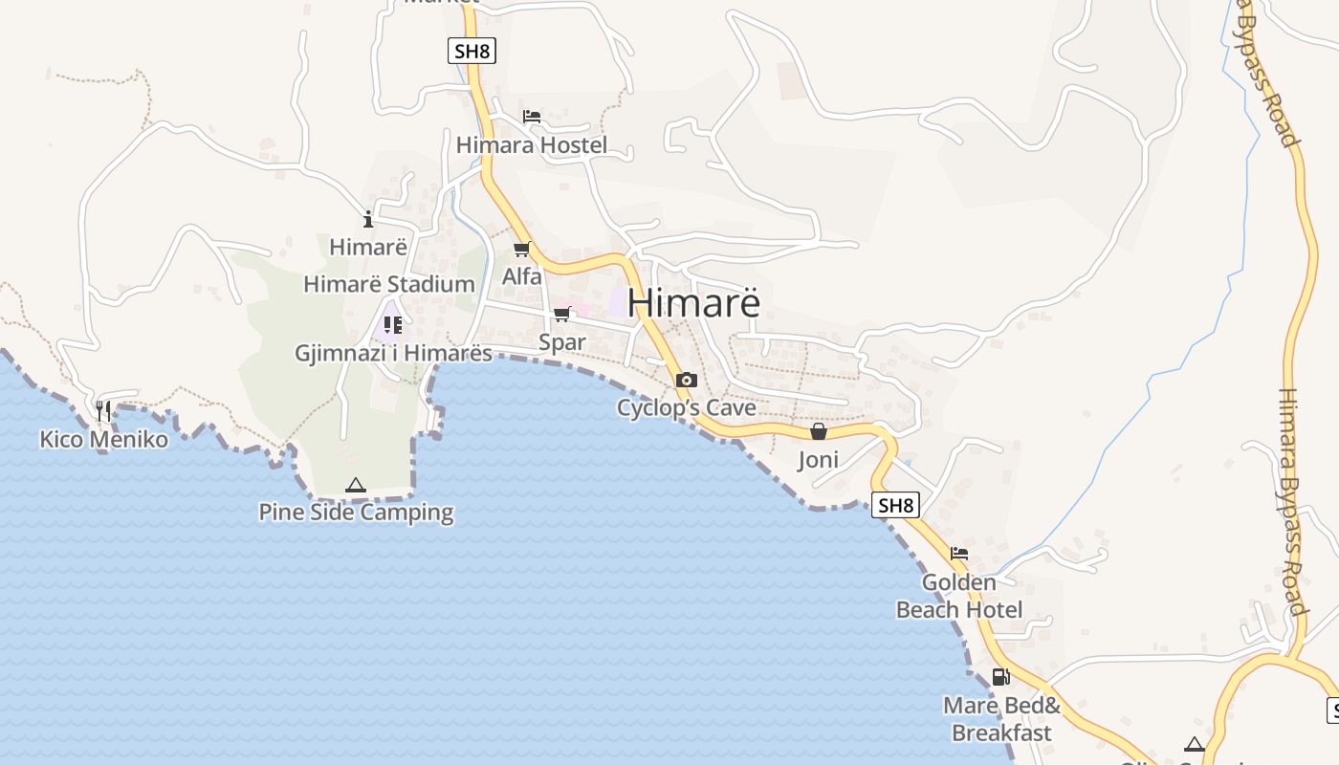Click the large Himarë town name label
click(693, 302)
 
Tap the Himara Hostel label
click(532, 145)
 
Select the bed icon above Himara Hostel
click(532, 117)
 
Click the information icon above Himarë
click(368, 219)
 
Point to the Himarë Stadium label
click(388, 284)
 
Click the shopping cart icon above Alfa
click(521, 250)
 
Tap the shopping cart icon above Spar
click(561, 315)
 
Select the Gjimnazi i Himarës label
click(393, 353)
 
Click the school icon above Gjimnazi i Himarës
click(392, 325)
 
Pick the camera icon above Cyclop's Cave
click(686, 380)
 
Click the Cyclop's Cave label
click(686, 407)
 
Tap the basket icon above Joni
click(818, 432)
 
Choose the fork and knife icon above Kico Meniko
click(103, 411)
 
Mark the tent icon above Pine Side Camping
click(356, 485)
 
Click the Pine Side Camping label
click(356, 512)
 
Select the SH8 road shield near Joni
click(895, 505)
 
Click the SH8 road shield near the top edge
click(472, 51)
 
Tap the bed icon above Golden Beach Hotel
click(959, 554)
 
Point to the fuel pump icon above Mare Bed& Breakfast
click(1000, 677)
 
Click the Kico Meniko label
click(103, 440)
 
